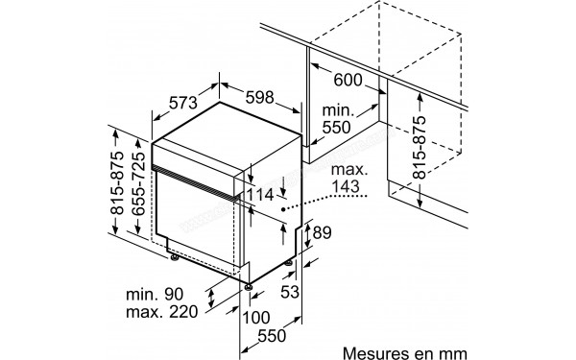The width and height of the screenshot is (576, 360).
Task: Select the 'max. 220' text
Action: [162, 311]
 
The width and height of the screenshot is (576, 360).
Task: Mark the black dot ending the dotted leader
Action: [284, 206]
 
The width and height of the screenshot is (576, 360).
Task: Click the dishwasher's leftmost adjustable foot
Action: [174, 254]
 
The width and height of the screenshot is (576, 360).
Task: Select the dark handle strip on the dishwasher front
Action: [197, 180]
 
